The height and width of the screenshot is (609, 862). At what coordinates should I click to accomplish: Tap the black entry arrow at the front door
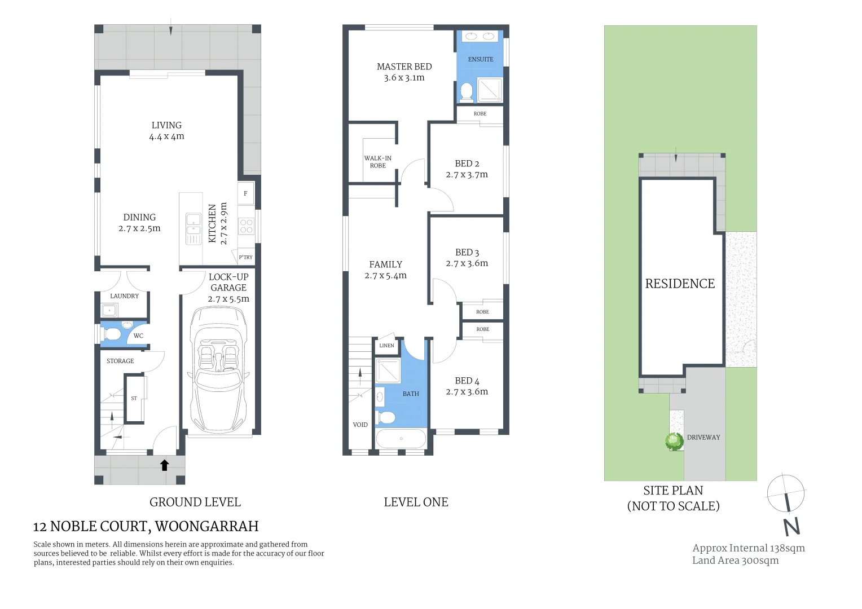[x=165, y=465]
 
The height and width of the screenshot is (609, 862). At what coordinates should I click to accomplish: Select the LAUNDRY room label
[x=124, y=296]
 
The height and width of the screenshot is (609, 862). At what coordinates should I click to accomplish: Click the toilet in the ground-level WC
[x=113, y=335]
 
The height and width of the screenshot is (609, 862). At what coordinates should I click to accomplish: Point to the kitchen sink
[x=193, y=224]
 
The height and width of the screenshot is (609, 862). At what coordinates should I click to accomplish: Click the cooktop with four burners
[x=247, y=226]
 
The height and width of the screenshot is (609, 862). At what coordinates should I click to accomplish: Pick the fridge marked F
[x=245, y=193]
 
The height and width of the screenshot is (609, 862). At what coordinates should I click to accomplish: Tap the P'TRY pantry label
[x=246, y=258]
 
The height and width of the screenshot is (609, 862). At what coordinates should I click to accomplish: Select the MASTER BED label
[x=404, y=67]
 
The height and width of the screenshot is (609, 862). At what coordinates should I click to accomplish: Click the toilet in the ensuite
[x=467, y=92]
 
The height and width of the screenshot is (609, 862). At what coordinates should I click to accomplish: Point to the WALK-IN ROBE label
[x=378, y=162]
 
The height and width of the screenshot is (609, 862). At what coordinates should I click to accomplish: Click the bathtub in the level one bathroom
[x=401, y=438]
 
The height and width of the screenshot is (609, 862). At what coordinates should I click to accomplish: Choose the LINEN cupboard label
[x=387, y=346]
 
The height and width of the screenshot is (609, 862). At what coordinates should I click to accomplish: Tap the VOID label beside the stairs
[x=360, y=425]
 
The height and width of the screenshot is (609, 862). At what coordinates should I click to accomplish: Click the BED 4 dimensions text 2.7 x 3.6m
[x=467, y=392]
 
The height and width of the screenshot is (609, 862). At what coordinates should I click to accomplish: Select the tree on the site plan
[x=674, y=440]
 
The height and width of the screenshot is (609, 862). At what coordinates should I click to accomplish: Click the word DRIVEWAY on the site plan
[x=703, y=437]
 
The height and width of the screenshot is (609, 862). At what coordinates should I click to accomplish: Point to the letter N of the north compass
[x=792, y=527]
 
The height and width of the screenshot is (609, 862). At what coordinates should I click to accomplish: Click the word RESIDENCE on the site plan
[x=680, y=284]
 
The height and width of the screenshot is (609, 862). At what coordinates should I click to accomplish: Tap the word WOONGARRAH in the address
[x=206, y=527]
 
